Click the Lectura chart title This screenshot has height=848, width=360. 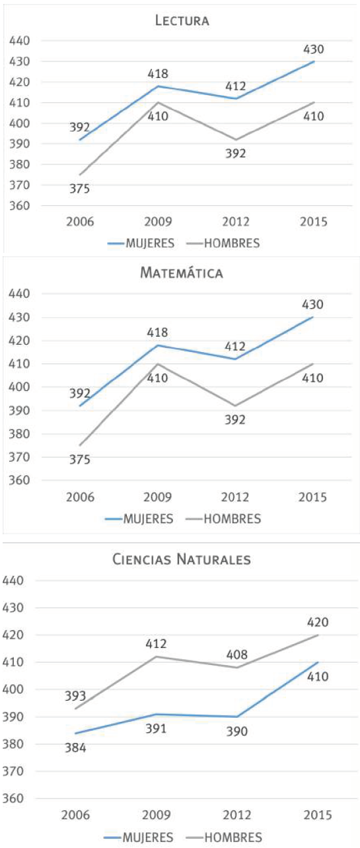182,20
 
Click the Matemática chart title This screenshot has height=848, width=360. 182,273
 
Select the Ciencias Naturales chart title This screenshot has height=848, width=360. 182,560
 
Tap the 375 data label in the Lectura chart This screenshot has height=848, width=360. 79,189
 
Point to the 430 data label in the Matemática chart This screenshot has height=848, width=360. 312,304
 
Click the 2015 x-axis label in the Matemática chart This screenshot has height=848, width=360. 312,497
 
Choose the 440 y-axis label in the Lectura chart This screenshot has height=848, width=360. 20,41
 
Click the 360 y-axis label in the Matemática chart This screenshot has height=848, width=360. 20,480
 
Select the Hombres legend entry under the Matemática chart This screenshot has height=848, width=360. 231,518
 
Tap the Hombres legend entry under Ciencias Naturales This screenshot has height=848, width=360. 233,837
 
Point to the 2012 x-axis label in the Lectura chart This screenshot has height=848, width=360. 235,222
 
